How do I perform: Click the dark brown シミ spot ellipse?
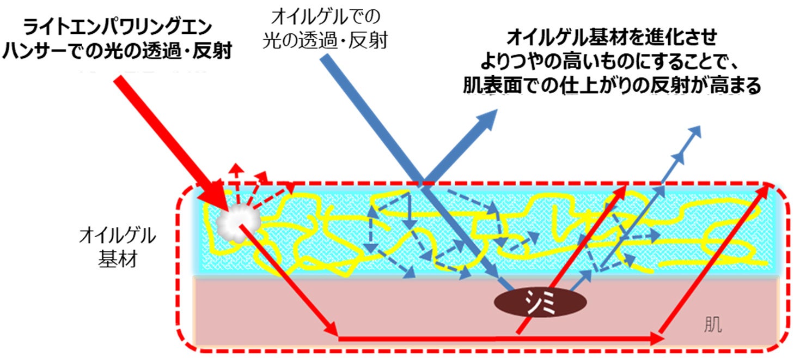pyautogui.click(x=540, y=301)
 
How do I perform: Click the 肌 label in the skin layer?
pyautogui.click(x=712, y=325)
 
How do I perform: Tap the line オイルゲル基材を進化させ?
pyautogui.click(x=610, y=38)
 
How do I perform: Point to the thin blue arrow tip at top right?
pyautogui.click(x=695, y=132)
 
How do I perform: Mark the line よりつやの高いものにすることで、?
pyautogui.click(x=610, y=62)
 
